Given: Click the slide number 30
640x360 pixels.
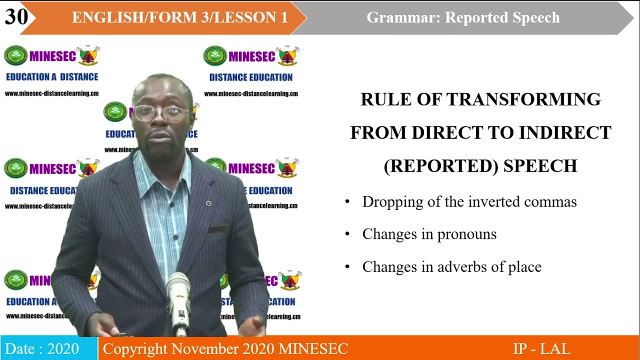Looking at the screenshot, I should click(x=16, y=16).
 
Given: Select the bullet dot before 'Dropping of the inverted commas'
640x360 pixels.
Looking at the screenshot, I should click(x=347, y=202).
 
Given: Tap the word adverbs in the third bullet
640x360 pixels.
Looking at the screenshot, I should click(x=464, y=266).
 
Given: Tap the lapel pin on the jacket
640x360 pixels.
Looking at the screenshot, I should click(x=208, y=203).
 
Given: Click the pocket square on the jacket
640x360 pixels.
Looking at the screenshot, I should click(x=218, y=229).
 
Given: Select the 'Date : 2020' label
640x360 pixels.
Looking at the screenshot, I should click(x=42, y=348).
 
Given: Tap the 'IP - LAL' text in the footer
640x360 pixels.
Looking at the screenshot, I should click(x=541, y=348).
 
